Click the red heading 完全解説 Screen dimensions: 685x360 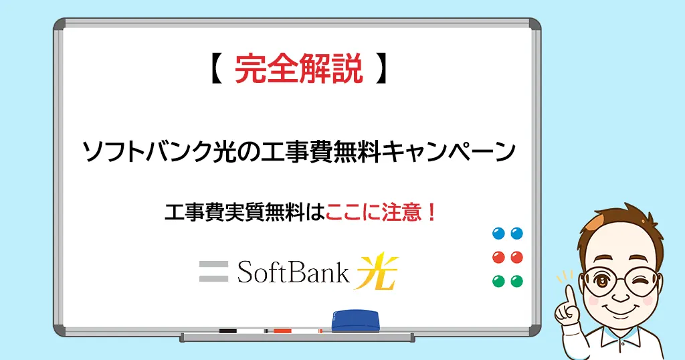pyautogui.click(x=299, y=69)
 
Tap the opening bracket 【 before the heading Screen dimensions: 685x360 pyautogui.click(x=215, y=69)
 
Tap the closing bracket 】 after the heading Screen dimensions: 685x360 pyautogui.click(x=381, y=69)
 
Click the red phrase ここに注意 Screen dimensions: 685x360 pyautogui.click(x=373, y=213)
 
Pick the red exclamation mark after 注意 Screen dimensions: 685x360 pyautogui.click(x=431, y=213)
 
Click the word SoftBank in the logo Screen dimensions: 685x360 pyautogui.click(x=293, y=272)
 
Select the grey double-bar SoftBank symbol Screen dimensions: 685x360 pyautogui.click(x=213, y=271)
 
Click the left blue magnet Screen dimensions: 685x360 pyautogui.click(x=498, y=234)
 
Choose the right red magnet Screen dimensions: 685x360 pyautogui.click(x=517, y=257)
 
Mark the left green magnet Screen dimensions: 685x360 pyautogui.click(x=498, y=281)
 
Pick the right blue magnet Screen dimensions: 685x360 pyautogui.click(x=517, y=234)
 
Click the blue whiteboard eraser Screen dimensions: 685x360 pyautogui.click(x=355, y=321)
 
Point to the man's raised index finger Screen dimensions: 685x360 pyautogui.click(x=569, y=296)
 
